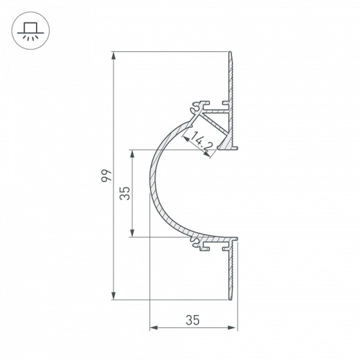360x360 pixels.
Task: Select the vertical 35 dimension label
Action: [125, 193]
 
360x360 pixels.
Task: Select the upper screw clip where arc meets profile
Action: [196, 107]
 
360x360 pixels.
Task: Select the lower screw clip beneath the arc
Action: [196, 243]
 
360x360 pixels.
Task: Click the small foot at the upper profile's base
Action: [228, 147]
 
